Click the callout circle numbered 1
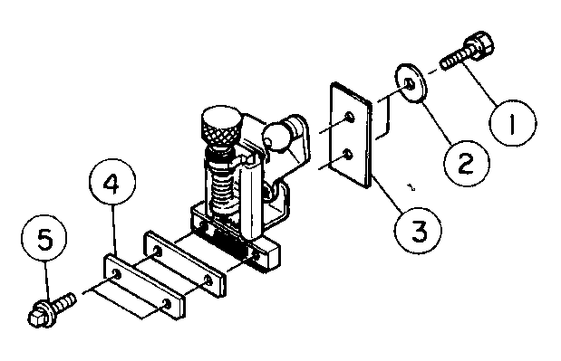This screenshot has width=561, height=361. [512, 123]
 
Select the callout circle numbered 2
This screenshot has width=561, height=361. [466, 164]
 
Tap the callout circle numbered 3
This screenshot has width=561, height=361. [418, 230]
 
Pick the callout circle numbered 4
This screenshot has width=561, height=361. [112, 183]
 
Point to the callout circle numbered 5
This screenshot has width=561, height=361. [44, 238]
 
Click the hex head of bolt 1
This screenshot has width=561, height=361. [480, 45]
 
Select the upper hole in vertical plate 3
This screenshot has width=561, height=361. [349, 117]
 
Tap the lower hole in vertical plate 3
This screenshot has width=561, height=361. [347, 155]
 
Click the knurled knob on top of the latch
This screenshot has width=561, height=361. [222, 127]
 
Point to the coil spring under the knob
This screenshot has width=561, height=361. [224, 189]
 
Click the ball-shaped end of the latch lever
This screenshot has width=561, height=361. [276, 137]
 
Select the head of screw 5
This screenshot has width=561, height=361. [42, 314]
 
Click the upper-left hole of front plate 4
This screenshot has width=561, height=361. [117, 274]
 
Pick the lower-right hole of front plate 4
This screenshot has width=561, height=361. [167, 304]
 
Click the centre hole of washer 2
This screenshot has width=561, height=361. [410, 84]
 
